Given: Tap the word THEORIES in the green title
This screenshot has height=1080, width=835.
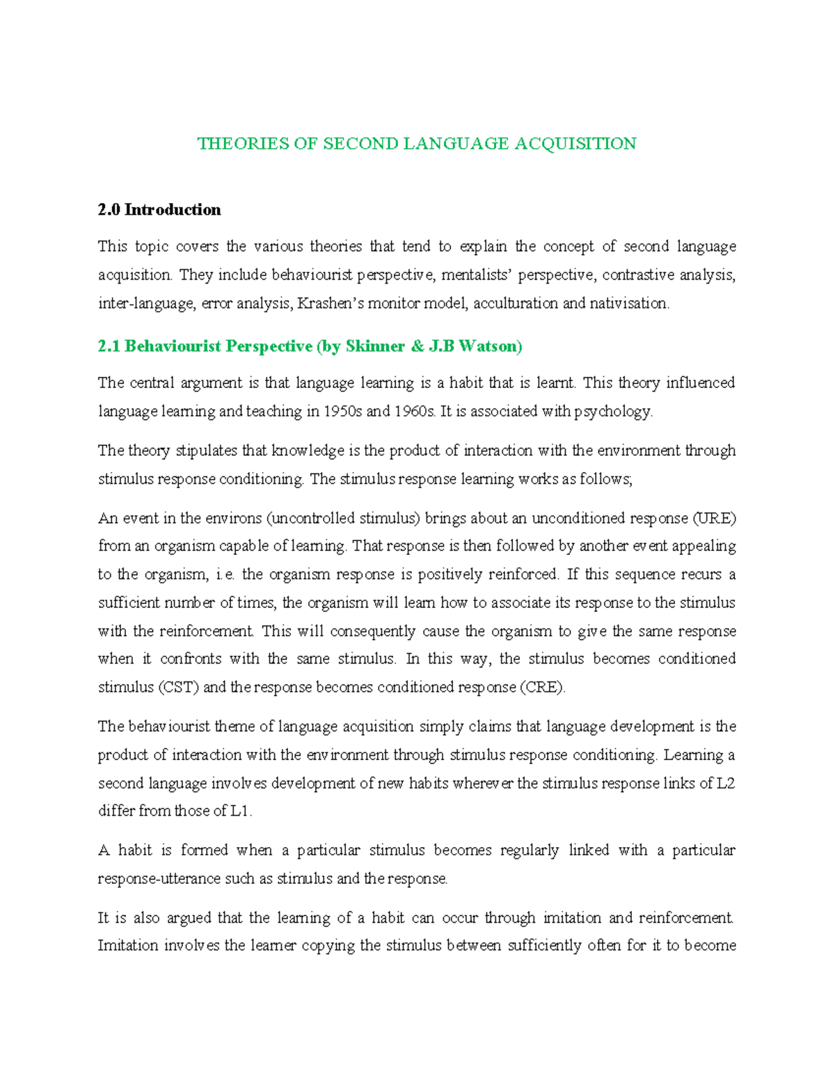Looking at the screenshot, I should (233, 144).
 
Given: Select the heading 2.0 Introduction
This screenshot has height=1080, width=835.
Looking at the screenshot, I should (159, 210).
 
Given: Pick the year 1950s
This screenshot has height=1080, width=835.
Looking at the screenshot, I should (343, 412).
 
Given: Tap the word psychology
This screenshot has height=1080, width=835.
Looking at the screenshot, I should (613, 412).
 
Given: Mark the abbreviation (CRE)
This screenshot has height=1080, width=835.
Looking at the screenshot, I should (543, 688).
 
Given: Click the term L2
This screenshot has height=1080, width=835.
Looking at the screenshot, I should (726, 784).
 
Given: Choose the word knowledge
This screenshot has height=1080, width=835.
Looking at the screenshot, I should (308, 451).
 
